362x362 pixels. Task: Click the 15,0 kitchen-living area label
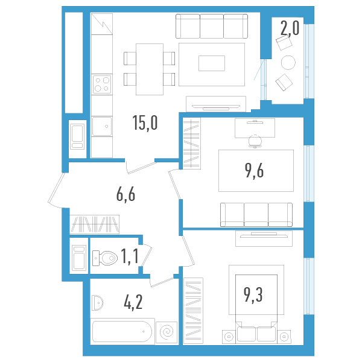pos(145,123)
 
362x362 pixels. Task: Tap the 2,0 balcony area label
pos(289,28)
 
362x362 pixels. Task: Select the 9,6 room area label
pos(255,171)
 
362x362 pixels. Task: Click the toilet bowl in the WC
pos(104,259)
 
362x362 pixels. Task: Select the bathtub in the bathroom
pos(122,332)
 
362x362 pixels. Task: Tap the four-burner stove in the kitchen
pos(102,84)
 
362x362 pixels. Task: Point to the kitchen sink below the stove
pos(102,127)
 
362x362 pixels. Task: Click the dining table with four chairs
pos(149,69)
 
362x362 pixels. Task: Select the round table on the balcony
pos(289,62)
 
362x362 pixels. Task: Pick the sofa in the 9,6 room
pos(256,214)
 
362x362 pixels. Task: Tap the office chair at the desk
pos(255,140)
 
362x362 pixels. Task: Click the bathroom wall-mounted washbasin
pos(98,301)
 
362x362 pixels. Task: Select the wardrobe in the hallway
pos(95,224)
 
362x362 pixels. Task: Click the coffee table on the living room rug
pos(212,63)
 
